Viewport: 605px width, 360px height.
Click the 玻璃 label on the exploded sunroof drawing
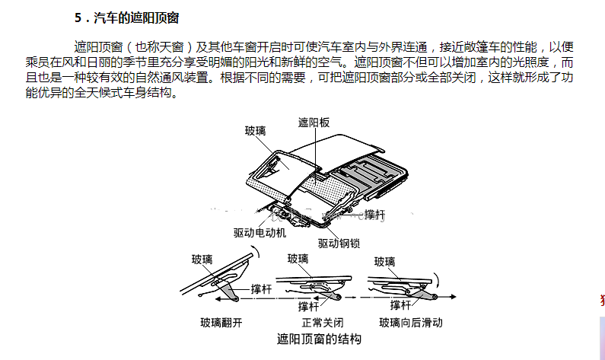256,131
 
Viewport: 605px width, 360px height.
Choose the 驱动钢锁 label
339,244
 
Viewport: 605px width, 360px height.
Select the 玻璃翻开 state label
221,322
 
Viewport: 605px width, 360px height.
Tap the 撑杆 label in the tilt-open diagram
261,290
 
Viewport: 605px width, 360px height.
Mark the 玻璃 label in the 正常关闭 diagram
298,259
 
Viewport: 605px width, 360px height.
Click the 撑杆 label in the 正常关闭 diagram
308,307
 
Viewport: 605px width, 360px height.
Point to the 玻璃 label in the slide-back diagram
385,262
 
